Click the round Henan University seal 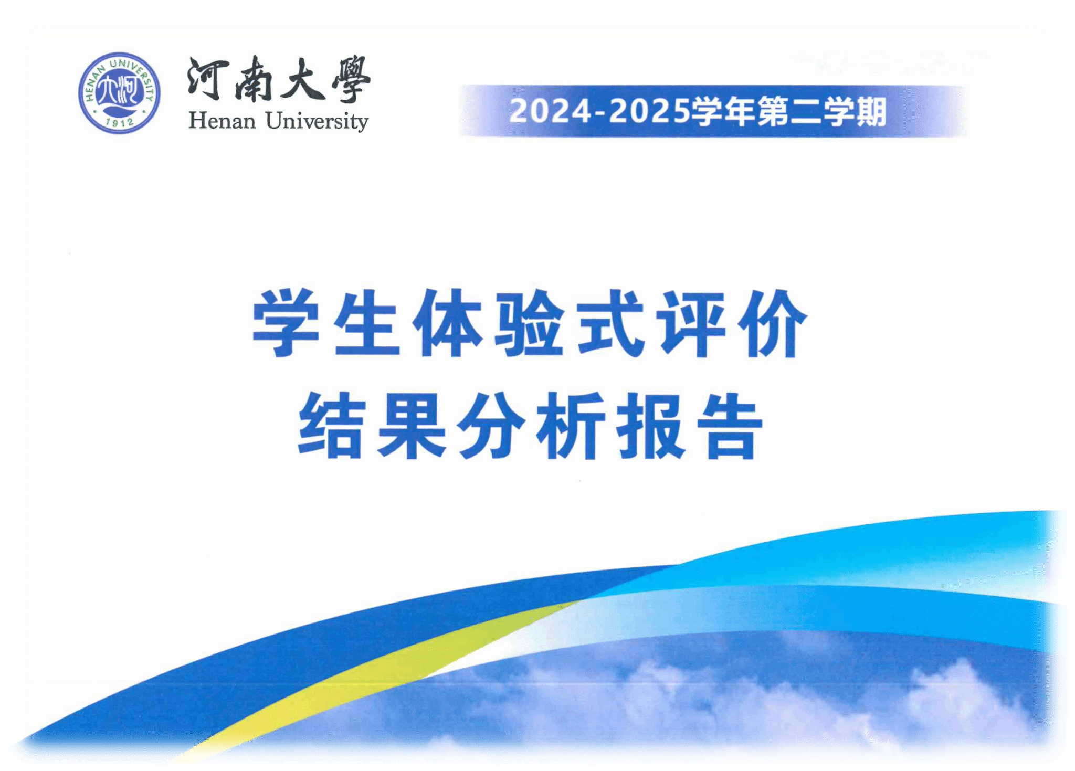(119, 93)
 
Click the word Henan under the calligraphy (222, 121)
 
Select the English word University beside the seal (317, 121)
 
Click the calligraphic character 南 (254, 79)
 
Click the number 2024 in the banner (550, 111)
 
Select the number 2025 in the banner (650, 111)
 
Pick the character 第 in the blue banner (774, 111)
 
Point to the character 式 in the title (610, 323)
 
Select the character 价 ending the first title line (772, 323)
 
